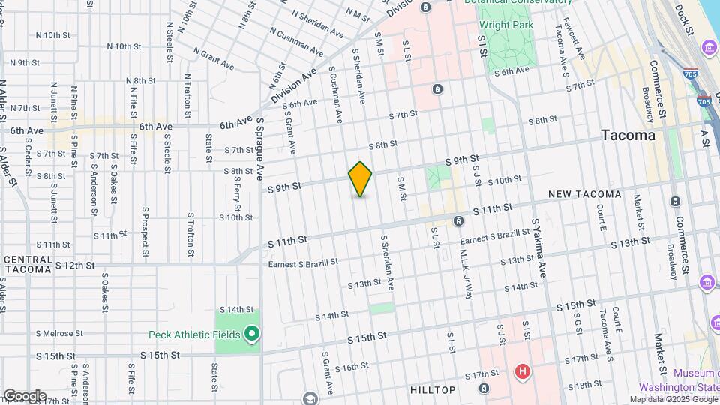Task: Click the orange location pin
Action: (360, 179)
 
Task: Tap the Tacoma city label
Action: (628, 136)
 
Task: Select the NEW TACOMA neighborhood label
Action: (584, 194)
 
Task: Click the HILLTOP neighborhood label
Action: (433, 390)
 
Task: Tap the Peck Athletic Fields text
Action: (194, 334)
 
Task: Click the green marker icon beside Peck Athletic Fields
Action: (253, 334)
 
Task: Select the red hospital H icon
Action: (523, 370)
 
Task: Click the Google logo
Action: (24, 396)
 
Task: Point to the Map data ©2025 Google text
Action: (673, 399)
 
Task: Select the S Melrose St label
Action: (59, 333)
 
